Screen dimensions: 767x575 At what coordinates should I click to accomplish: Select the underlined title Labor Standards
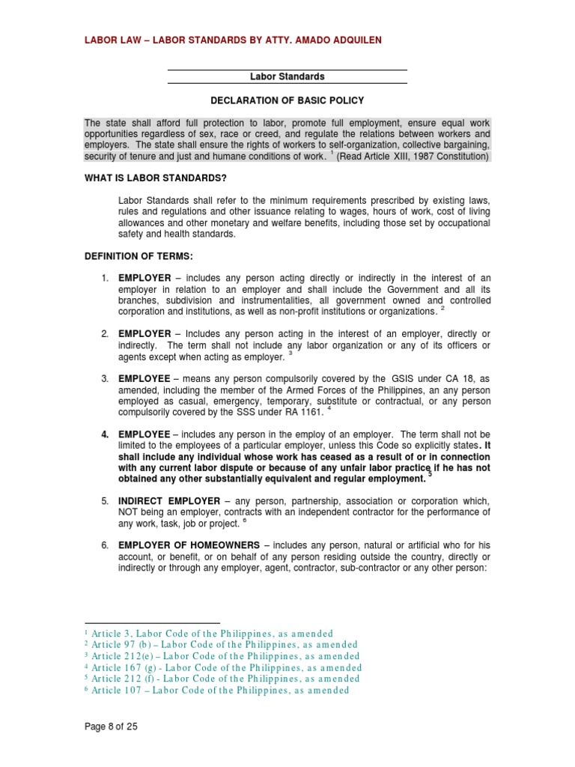pyautogui.click(x=287, y=76)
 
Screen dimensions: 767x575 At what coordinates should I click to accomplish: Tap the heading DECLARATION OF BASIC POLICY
pyautogui.click(x=287, y=100)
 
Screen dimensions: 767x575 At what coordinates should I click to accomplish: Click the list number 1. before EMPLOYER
pyautogui.click(x=106, y=278)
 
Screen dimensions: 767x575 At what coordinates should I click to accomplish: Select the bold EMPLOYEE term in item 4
pyautogui.click(x=144, y=434)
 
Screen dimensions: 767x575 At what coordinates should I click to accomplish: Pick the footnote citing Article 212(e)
pyautogui.click(x=222, y=656)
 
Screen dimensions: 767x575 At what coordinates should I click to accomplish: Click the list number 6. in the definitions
pyautogui.click(x=106, y=545)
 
